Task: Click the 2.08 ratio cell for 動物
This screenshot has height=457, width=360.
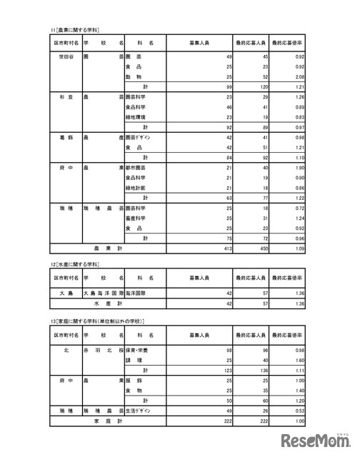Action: coord(303,76)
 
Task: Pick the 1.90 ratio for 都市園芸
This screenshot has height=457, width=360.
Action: coord(303,166)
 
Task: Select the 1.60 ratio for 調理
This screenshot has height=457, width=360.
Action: coord(303,361)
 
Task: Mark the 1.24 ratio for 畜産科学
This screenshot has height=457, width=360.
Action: coord(303,217)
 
